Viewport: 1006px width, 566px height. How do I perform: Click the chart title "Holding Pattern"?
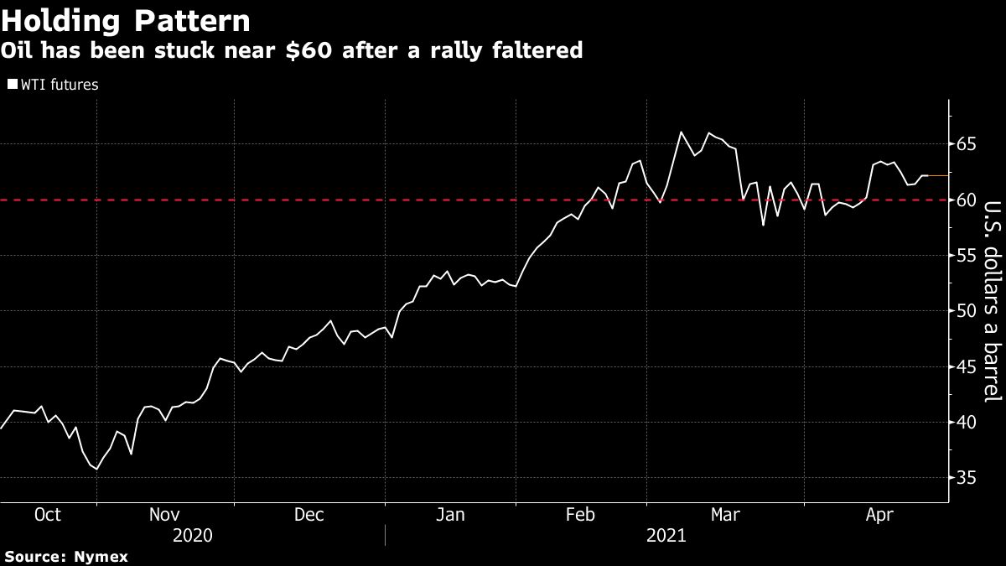tap(127, 20)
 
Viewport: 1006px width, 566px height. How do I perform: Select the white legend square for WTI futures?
tap(12, 84)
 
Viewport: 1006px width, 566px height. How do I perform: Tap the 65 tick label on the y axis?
tap(967, 144)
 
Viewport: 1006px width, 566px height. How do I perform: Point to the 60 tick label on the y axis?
tap(967, 200)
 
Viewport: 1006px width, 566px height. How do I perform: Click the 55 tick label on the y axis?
tap(967, 256)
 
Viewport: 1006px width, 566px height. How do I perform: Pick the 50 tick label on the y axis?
tap(967, 311)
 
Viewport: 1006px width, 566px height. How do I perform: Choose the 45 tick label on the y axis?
tap(967, 366)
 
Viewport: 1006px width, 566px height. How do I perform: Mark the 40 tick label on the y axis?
tap(967, 422)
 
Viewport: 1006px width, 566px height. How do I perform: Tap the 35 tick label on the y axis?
tap(967, 478)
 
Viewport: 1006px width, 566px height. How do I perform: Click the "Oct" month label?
tap(47, 515)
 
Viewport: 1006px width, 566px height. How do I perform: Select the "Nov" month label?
tap(164, 515)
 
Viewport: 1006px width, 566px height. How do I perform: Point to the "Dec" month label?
tap(309, 515)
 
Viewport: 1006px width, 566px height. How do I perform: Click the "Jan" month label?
tap(450, 515)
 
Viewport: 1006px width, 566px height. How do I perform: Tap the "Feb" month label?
tap(581, 515)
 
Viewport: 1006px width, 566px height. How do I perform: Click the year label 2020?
tap(192, 535)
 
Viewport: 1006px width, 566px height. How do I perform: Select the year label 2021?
tap(666, 535)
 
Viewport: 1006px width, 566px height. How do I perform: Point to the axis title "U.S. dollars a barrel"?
tap(991, 312)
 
